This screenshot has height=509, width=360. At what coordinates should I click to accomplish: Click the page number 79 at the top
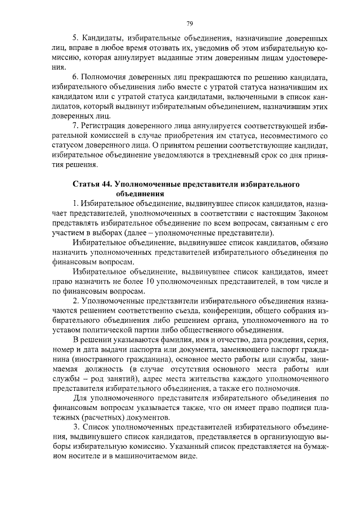tap(190, 23)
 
